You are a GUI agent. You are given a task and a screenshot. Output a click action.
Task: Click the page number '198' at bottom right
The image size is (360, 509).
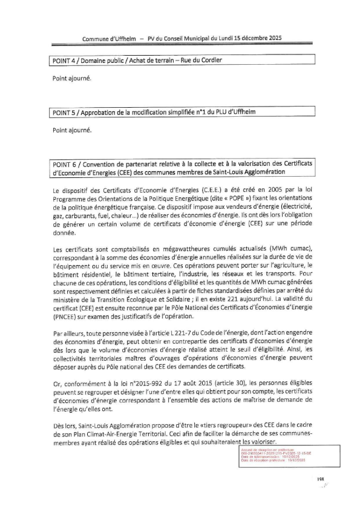tap(321, 479)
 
